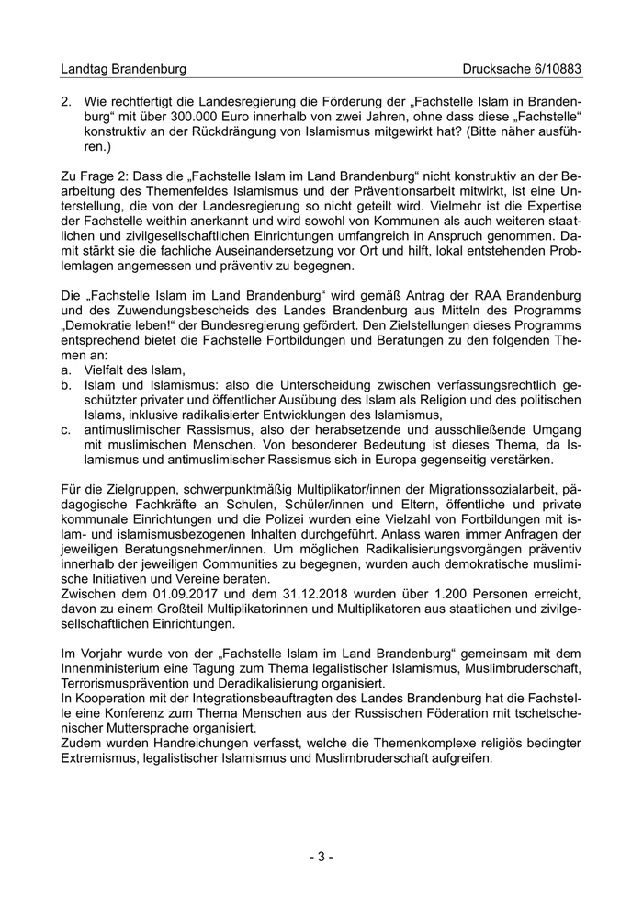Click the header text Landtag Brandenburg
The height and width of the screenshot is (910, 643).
click(122, 69)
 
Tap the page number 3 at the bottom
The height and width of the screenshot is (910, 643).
click(321, 857)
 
